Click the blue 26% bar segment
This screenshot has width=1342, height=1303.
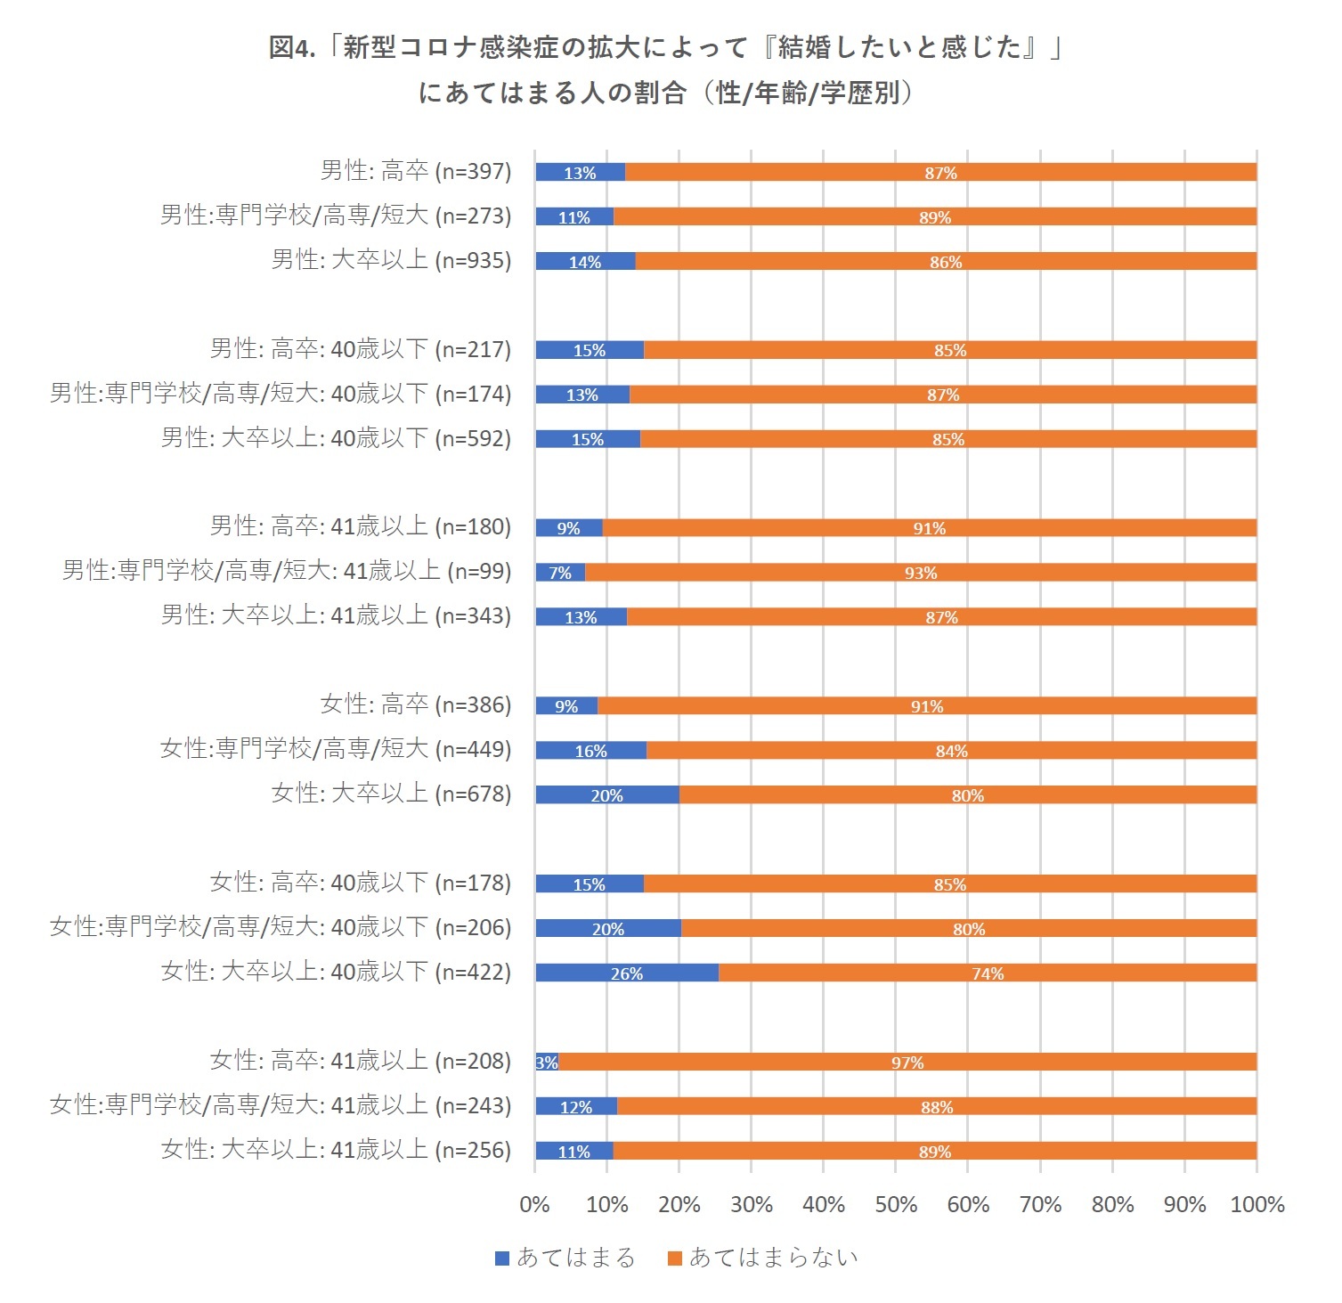[627, 973]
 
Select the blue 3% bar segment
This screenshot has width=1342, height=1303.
[546, 1062]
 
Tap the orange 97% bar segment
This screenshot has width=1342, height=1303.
[907, 1062]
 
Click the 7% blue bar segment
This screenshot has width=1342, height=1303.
[560, 573]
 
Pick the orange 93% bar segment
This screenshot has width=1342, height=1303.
[921, 573]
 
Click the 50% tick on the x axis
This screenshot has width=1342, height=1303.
[896, 1204]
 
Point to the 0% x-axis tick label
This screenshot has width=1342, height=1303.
[534, 1204]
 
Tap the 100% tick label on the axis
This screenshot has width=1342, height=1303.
[1257, 1204]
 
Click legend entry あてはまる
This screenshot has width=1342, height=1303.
[565, 1257]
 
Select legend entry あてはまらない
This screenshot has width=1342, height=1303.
[764, 1257]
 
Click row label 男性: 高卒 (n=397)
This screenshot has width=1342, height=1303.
[416, 171]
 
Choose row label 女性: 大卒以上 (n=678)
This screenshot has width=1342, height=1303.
[392, 794]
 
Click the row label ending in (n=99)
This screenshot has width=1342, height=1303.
[287, 571]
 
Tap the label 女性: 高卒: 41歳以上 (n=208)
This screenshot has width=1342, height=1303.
[361, 1061]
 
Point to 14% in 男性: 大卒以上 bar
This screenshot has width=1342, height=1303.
[585, 262]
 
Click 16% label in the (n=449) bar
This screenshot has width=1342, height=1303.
[590, 751]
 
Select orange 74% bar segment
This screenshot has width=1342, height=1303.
[988, 973]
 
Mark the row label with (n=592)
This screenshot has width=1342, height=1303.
[337, 438]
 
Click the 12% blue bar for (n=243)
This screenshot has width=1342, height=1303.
[575, 1106]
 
